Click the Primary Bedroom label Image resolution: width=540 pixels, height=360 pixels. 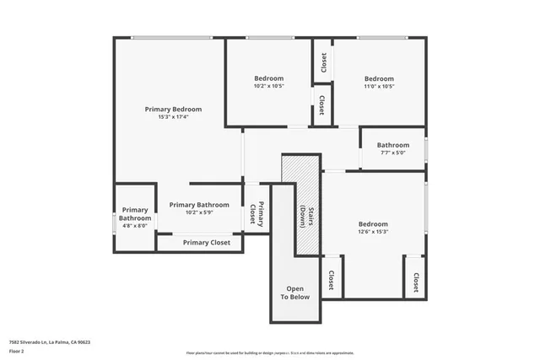click(173, 109)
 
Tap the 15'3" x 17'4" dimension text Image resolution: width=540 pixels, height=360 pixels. click(173, 117)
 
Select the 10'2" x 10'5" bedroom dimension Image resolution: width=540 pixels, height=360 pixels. click(268, 86)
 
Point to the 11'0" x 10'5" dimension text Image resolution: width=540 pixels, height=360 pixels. click(379, 86)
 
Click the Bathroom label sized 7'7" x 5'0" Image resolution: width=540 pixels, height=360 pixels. click(392, 145)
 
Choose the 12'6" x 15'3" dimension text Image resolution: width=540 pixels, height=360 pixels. click(373, 232)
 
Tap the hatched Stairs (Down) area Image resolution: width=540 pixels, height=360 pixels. click(301, 202)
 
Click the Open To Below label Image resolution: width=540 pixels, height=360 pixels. click(294, 293)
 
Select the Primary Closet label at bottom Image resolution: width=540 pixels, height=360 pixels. click(207, 243)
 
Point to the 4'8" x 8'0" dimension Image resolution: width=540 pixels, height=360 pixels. click(135, 226)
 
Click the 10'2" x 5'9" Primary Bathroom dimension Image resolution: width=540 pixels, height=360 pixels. click(198, 212)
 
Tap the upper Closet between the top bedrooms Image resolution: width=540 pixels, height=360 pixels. click(323, 62)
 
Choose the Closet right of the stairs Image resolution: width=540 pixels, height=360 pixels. click(331, 280)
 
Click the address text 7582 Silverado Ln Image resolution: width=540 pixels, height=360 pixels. click(49, 342)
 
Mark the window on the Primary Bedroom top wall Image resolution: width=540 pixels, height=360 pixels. click(171, 37)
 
